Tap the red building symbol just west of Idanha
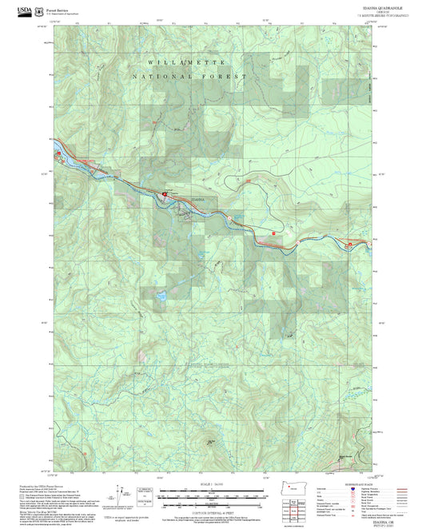(166, 193)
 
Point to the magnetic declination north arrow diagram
(121, 492)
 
